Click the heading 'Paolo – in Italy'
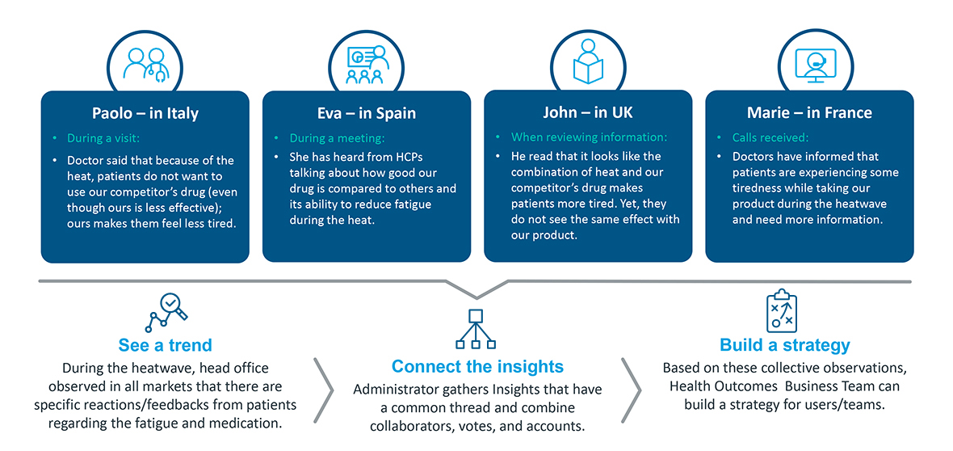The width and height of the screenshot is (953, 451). [x=145, y=114]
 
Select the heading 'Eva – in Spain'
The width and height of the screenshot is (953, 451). [x=366, y=114]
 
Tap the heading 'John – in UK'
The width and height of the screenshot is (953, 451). [x=588, y=113]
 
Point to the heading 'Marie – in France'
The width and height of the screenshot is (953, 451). [x=809, y=113]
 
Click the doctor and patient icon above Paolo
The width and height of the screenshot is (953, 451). [x=145, y=65]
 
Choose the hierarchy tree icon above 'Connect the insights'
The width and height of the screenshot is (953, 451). [x=476, y=329]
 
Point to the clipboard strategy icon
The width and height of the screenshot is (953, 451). [x=781, y=311]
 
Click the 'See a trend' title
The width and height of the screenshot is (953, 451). [x=166, y=346]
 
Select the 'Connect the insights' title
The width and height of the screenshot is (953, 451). [x=478, y=366]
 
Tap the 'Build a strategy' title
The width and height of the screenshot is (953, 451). [x=785, y=346]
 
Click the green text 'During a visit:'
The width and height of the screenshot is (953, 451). [x=103, y=139]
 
